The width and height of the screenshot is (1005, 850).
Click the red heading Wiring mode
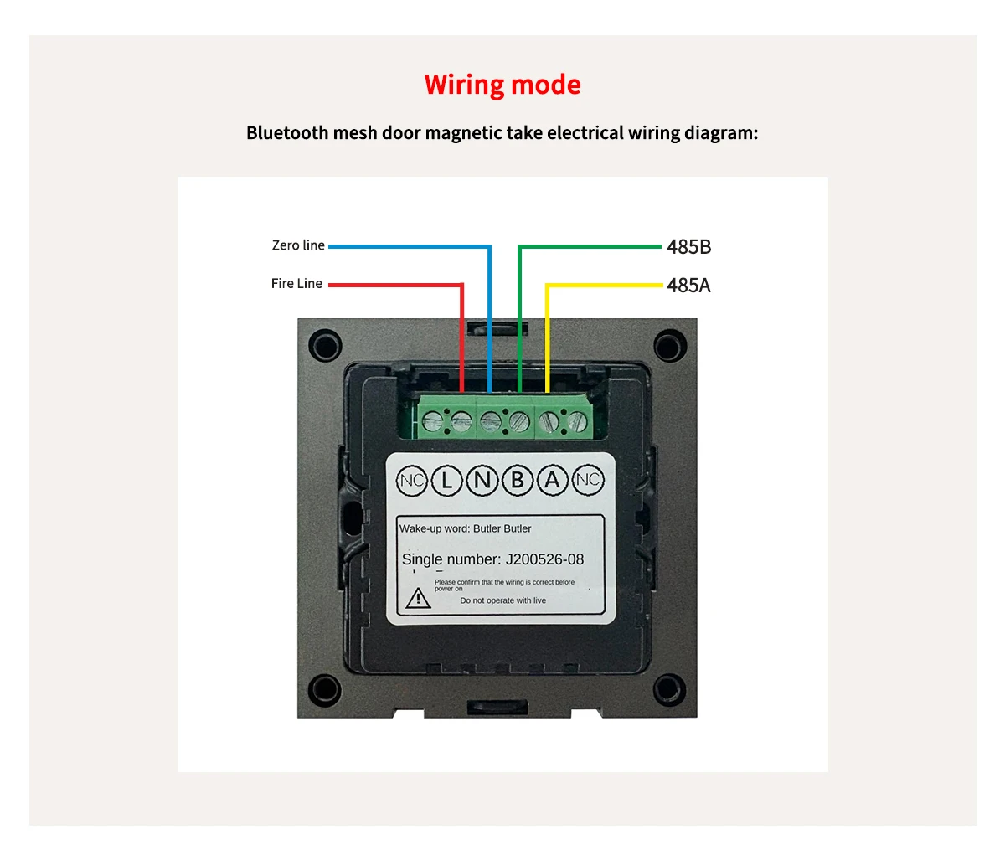(x=502, y=85)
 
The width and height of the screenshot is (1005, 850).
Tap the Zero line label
(x=298, y=245)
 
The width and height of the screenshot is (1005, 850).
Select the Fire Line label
(x=296, y=284)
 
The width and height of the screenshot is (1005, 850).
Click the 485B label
(x=688, y=247)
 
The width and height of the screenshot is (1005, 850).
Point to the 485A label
(x=688, y=286)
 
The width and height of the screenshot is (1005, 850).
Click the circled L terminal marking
(x=447, y=480)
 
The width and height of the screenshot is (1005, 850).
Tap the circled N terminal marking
(x=482, y=480)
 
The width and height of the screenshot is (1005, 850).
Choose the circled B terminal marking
(x=518, y=480)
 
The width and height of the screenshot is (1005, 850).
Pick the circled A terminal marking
(x=552, y=480)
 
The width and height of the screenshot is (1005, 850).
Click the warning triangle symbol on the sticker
(x=418, y=598)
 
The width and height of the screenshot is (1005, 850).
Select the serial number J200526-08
(x=544, y=559)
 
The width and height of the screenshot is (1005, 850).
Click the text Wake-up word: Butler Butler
(x=465, y=528)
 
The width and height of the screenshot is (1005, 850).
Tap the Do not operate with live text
(x=502, y=600)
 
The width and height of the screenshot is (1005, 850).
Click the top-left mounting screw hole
(x=325, y=345)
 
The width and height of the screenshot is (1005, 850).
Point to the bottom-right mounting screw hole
(x=669, y=689)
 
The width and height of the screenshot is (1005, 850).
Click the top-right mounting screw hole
(x=669, y=345)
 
